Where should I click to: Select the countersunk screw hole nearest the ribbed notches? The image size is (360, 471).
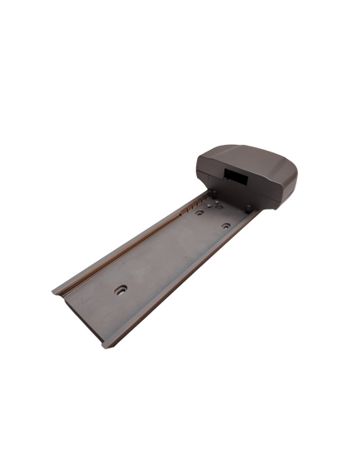(200, 212)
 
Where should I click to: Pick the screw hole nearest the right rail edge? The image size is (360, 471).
(226, 224)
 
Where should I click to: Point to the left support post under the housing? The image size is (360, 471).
(214, 194)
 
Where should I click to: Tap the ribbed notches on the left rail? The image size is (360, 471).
(192, 203)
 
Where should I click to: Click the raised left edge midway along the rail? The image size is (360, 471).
(124, 246)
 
